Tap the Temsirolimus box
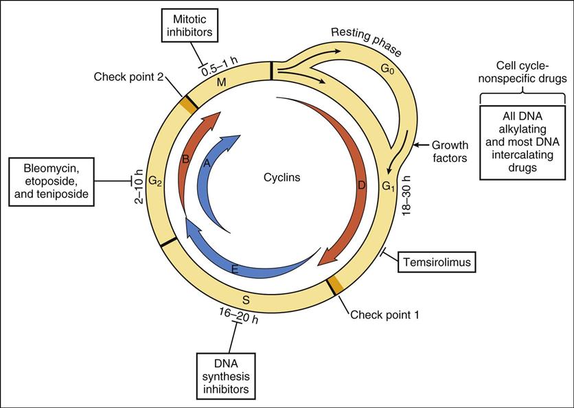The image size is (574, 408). click(430, 261)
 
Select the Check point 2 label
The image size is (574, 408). click(129, 78)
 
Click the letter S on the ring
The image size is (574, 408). click(246, 299)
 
